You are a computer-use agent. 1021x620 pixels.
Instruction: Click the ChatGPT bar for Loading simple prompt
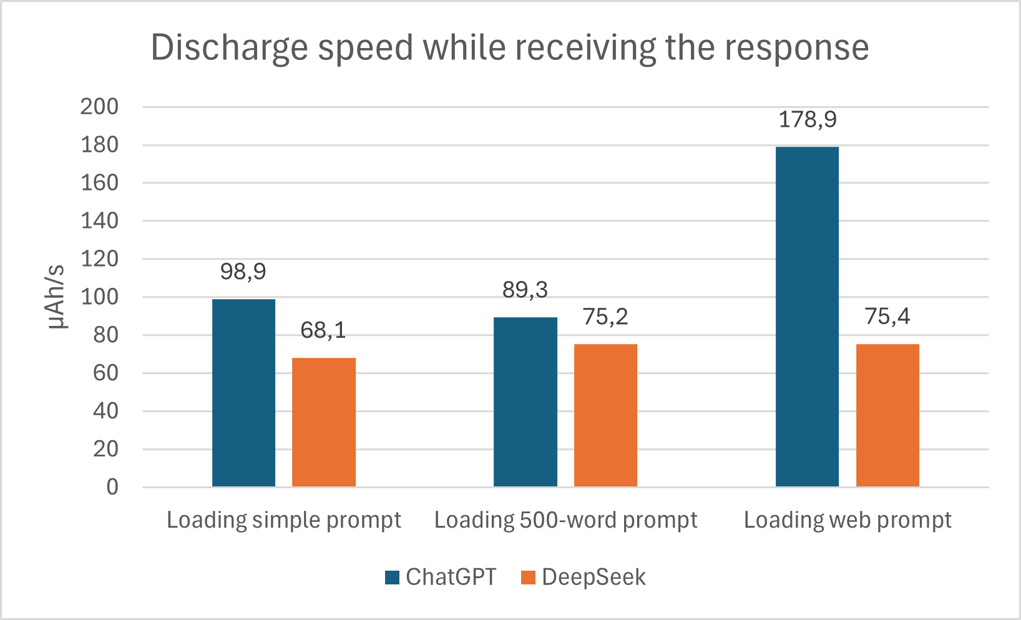pyautogui.click(x=244, y=393)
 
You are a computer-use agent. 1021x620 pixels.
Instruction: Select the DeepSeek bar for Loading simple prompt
pyautogui.click(x=324, y=422)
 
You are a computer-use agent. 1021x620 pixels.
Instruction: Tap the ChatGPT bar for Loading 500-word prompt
pyautogui.click(x=525, y=402)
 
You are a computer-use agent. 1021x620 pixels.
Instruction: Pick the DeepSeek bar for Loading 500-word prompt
pyautogui.click(x=605, y=415)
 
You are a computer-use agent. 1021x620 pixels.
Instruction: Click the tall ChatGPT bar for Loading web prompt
pyautogui.click(x=807, y=317)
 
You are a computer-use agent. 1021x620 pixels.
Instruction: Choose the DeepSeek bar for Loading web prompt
pyautogui.click(x=887, y=415)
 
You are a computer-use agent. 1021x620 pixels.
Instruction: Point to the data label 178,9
pyautogui.click(x=808, y=120)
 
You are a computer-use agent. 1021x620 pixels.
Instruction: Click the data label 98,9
pyautogui.click(x=243, y=272)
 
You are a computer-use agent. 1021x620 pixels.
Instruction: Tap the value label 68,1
pyautogui.click(x=323, y=330)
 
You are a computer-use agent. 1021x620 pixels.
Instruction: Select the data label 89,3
pyautogui.click(x=525, y=290)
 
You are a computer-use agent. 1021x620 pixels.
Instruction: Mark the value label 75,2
pyautogui.click(x=605, y=317)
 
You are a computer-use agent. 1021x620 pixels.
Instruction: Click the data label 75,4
pyautogui.click(x=887, y=317)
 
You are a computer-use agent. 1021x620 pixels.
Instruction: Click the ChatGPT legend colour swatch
pyautogui.click(x=392, y=578)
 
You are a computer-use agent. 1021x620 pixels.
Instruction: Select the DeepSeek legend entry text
pyautogui.click(x=594, y=577)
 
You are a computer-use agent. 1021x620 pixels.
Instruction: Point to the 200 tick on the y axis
pyautogui.click(x=99, y=107)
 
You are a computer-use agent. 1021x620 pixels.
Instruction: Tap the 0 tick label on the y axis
pyautogui.click(x=112, y=488)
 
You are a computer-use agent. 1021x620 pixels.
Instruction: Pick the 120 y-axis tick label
pyautogui.click(x=99, y=259)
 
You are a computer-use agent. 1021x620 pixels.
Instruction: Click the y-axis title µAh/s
pyautogui.click(x=57, y=297)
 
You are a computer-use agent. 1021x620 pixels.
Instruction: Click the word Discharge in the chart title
pyautogui.click(x=230, y=48)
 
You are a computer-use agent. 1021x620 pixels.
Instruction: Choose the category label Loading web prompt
pyautogui.click(x=848, y=521)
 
